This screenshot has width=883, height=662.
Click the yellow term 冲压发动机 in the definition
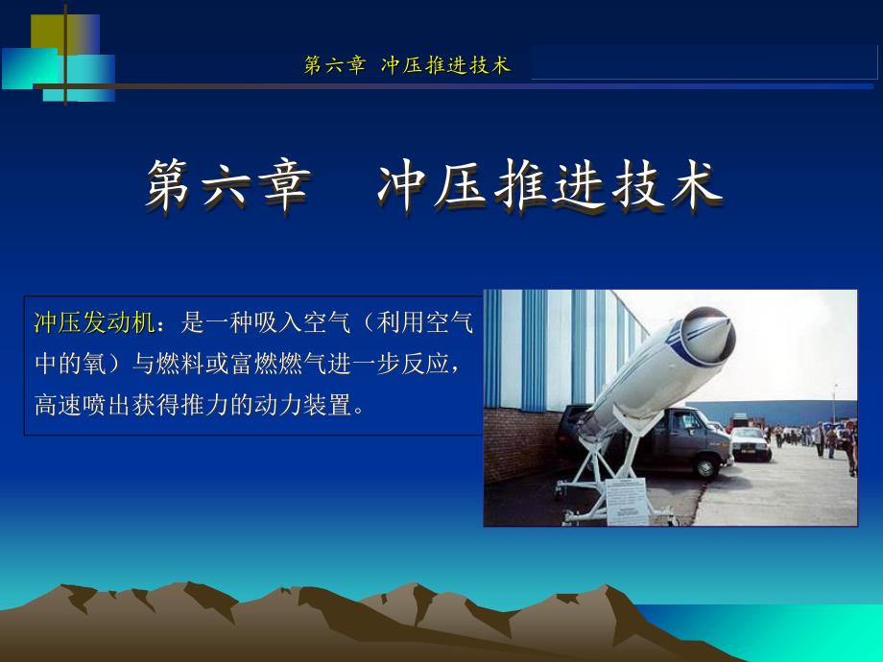pyautogui.click(x=95, y=322)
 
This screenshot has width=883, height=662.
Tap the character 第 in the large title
pyautogui.click(x=168, y=185)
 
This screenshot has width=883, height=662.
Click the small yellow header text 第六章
pyautogui.click(x=335, y=64)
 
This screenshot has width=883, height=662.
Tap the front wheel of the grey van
pyautogui.click(x=705, y=467)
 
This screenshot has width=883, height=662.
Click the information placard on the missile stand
pyautogui.click(x=626, y=501)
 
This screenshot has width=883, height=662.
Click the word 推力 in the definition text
pyautogui.click(x=205, y=405)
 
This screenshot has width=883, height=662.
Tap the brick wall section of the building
pyautogui.click(x=518, y=445)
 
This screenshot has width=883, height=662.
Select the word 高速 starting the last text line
pyautogui.click(x=58, y=405)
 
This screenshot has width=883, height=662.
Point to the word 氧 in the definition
pyautogui.click(x=95, y=364)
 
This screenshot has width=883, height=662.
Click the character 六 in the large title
pyautogui.click(x=225, y=185)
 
